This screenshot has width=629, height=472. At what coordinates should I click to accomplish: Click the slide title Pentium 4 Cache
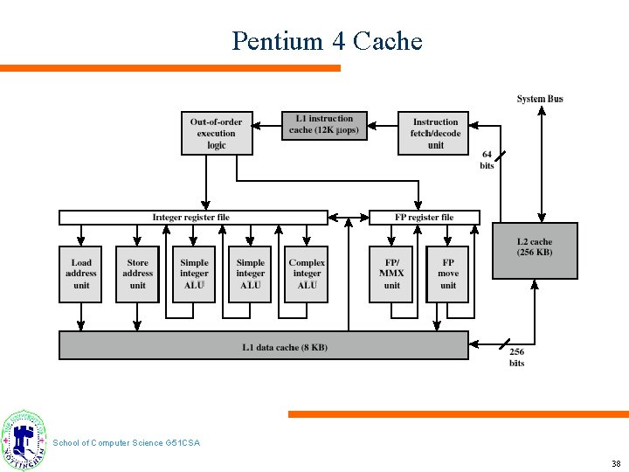click(327, 41)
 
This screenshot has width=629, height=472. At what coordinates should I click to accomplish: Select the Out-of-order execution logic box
click(217, 134)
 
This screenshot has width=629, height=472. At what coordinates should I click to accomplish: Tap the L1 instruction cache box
click(324, 125)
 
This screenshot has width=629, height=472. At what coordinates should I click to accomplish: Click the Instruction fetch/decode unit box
click(434, 134)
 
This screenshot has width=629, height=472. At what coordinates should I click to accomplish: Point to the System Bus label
click(540, 99)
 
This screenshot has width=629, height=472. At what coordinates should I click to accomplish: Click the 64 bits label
click(487, 160)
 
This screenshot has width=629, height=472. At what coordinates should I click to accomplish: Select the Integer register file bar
click(193, 218)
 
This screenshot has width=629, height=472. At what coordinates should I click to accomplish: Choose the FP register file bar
click(425, 218)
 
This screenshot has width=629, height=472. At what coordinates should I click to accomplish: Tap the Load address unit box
click(81, 274)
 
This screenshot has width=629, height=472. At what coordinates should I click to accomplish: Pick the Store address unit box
click(137, 274)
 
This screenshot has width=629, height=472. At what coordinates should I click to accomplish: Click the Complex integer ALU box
click(307, 274)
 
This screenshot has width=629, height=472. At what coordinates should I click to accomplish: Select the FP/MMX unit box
click(391, 274)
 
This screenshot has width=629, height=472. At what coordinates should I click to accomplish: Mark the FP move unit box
click(447, 274)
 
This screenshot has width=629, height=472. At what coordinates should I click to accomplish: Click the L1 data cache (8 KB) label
click(285, 347)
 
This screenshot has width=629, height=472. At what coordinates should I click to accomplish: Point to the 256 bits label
click(516, 357)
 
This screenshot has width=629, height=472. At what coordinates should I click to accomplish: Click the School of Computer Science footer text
click(126, 443)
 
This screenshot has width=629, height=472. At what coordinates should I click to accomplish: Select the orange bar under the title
click(170, 67)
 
